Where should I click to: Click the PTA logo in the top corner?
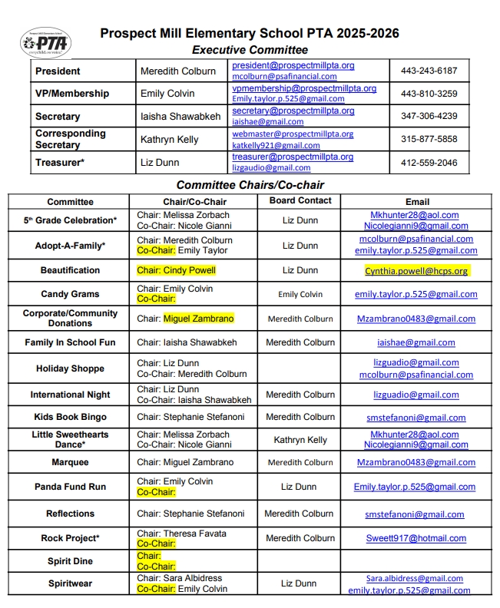(47, 42)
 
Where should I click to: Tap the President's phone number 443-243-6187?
(429, 71)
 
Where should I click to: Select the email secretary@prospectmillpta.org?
(293, 111)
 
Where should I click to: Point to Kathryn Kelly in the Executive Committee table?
(169, 140)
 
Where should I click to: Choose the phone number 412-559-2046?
(429, 163)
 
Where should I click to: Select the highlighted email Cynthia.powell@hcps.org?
(416, 271)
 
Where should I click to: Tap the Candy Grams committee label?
(70, 294)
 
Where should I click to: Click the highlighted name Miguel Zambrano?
(198, 319)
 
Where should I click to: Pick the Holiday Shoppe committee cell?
(70, 368)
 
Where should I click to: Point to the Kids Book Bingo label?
(70, 418)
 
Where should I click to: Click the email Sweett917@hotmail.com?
(416, 539)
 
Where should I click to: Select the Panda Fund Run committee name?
(70, 487)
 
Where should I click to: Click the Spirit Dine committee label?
(70, 561)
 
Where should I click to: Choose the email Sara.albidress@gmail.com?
(414, 578)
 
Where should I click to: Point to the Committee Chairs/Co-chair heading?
(250, 185)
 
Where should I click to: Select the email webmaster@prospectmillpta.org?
(293, 134)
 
